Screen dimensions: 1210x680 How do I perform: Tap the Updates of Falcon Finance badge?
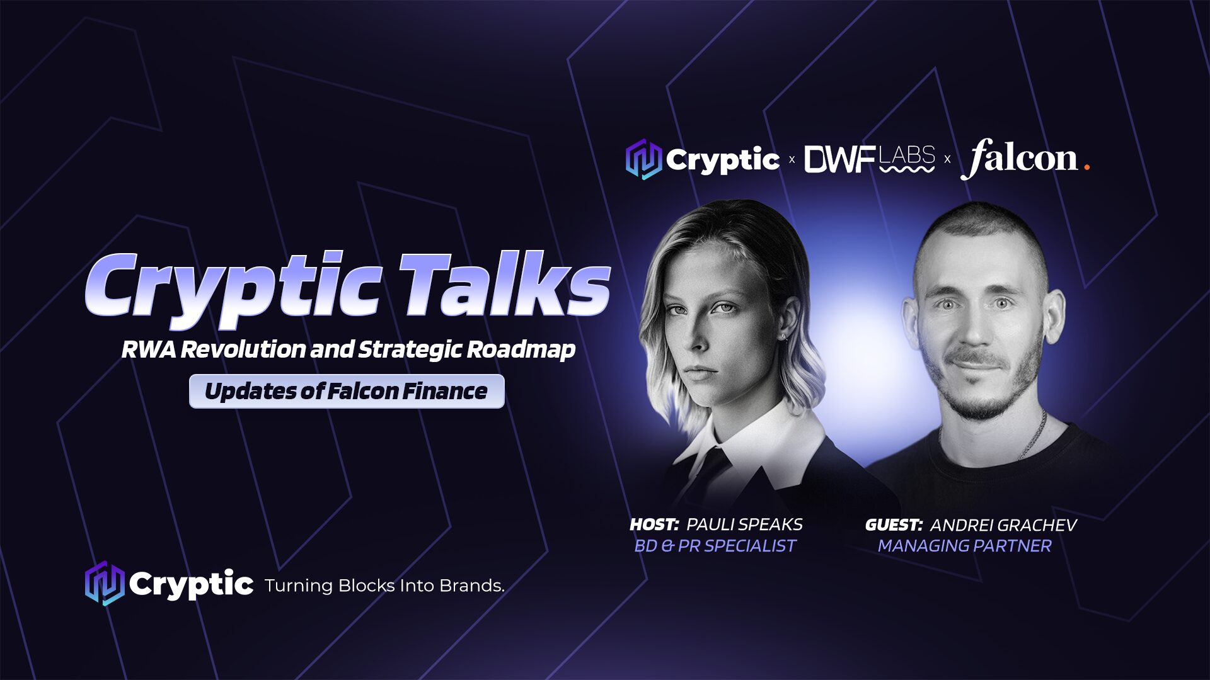[347, 391]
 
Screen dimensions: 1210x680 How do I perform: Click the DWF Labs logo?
[870, 159]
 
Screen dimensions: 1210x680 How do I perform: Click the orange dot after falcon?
[1086, 167]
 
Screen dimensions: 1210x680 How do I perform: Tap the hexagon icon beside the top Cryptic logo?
[643, 159]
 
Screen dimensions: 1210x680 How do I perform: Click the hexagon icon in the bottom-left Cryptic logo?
[104, 584]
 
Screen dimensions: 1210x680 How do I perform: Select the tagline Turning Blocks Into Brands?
[384, 586]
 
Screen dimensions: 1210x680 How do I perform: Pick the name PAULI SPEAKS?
[744, 524]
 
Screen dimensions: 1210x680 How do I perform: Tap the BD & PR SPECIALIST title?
[715, 546]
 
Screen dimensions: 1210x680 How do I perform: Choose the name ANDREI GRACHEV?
[1003, 525]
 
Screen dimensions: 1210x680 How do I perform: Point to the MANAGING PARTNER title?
[965, 546]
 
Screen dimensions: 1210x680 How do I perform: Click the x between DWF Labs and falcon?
[947, 160]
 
